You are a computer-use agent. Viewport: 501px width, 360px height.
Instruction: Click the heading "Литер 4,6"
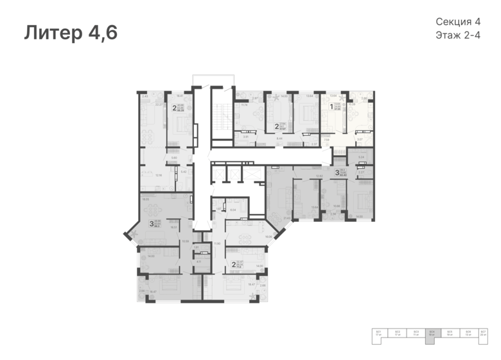pyautogui.click(x=71, y=33)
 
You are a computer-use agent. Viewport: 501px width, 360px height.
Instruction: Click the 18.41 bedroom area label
pyautogui.click(x=180, y=96)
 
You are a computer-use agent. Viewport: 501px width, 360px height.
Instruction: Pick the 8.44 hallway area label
pyautogui.click(x=280, y=138)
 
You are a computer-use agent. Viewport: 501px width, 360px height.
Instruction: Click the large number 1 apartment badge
pyautogui.click(x=331, y=107)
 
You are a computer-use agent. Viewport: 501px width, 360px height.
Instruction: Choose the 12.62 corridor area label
pyautogui.click(x=319, y=175)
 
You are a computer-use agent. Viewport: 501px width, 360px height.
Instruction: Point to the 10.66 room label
pyautogui.click(x=337, y=206)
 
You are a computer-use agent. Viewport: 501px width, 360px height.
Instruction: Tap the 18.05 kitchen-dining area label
pyautogui.click(x=146, y=199)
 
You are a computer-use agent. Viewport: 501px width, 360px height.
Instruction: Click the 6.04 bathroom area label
pyautogui.click(x=233, y=210)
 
